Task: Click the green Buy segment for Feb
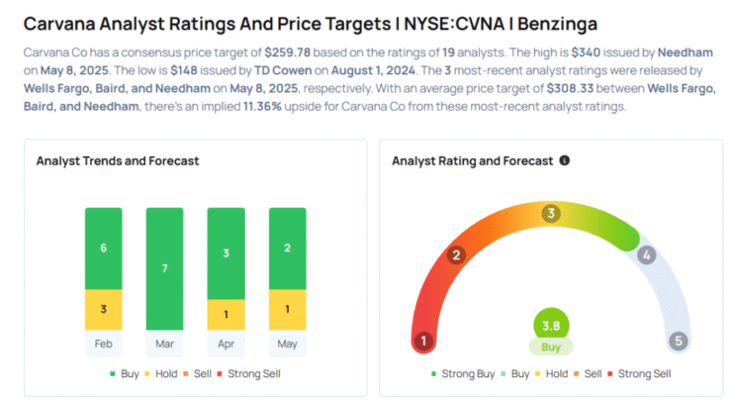coord(103,248)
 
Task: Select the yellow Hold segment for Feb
coord(103,309)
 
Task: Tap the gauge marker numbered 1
coord(424,342)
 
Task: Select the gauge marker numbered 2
coord(457,255)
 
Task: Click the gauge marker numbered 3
coord(551,213)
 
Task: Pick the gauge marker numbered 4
coord(646,255)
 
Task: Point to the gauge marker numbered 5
coord(678,342)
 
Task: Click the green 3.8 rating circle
coord(551,324)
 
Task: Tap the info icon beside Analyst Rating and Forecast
coord(565,160)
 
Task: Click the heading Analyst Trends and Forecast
coord(118,160)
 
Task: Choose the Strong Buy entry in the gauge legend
coord(463,373)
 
